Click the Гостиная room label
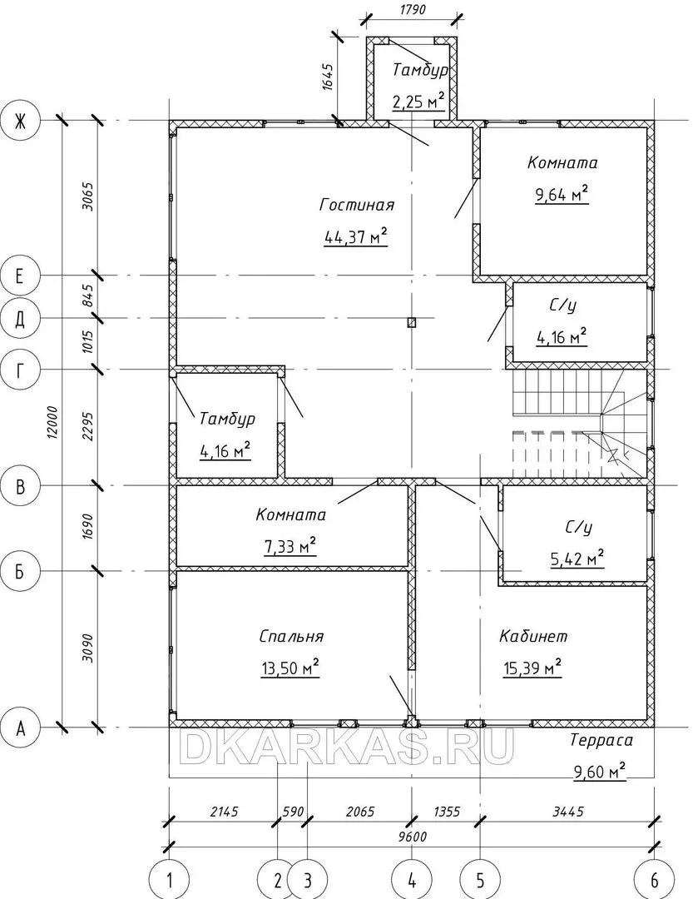pos(357,205)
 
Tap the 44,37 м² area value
pos(356,236)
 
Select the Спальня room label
pos(291,637)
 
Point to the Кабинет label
pos(533,636)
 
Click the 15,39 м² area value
pos(532,668)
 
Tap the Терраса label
pos(601,740)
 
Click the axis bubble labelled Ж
pos(20,121)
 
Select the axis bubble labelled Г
pos(20,370)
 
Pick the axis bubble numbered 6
pos(654,879)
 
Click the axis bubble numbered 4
pos(412,879)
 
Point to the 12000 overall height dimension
pos(52,423)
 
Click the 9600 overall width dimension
pos(412,837)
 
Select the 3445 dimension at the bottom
pos(567,812)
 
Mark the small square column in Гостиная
pos(412,322)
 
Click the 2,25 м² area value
pos(418,102)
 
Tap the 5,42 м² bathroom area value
pos(577,558)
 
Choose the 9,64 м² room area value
pos(562,194)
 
